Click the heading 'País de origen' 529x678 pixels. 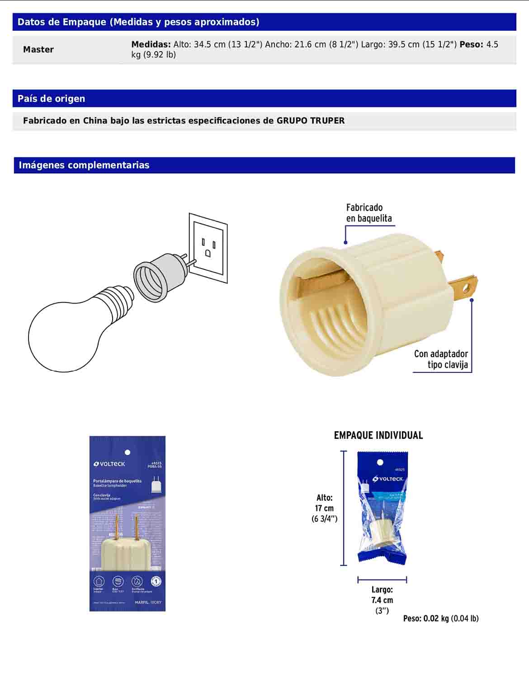tap(51, 99)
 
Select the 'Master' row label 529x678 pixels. tap(38, 50)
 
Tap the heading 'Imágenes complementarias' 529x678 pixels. tap(84, 165)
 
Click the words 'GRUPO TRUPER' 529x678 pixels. tap(311, 121)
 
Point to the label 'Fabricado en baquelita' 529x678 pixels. tap(368, 213)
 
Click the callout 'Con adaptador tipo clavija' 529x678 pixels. tap(441, 359)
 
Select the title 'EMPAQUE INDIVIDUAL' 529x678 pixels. tap(378, 435)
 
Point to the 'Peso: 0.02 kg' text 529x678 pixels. tap(440, 618)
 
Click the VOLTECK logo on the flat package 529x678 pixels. tap(109, 464)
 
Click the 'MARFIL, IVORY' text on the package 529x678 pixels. tap(148, 603)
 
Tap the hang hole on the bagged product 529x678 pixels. tap(380, 462)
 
